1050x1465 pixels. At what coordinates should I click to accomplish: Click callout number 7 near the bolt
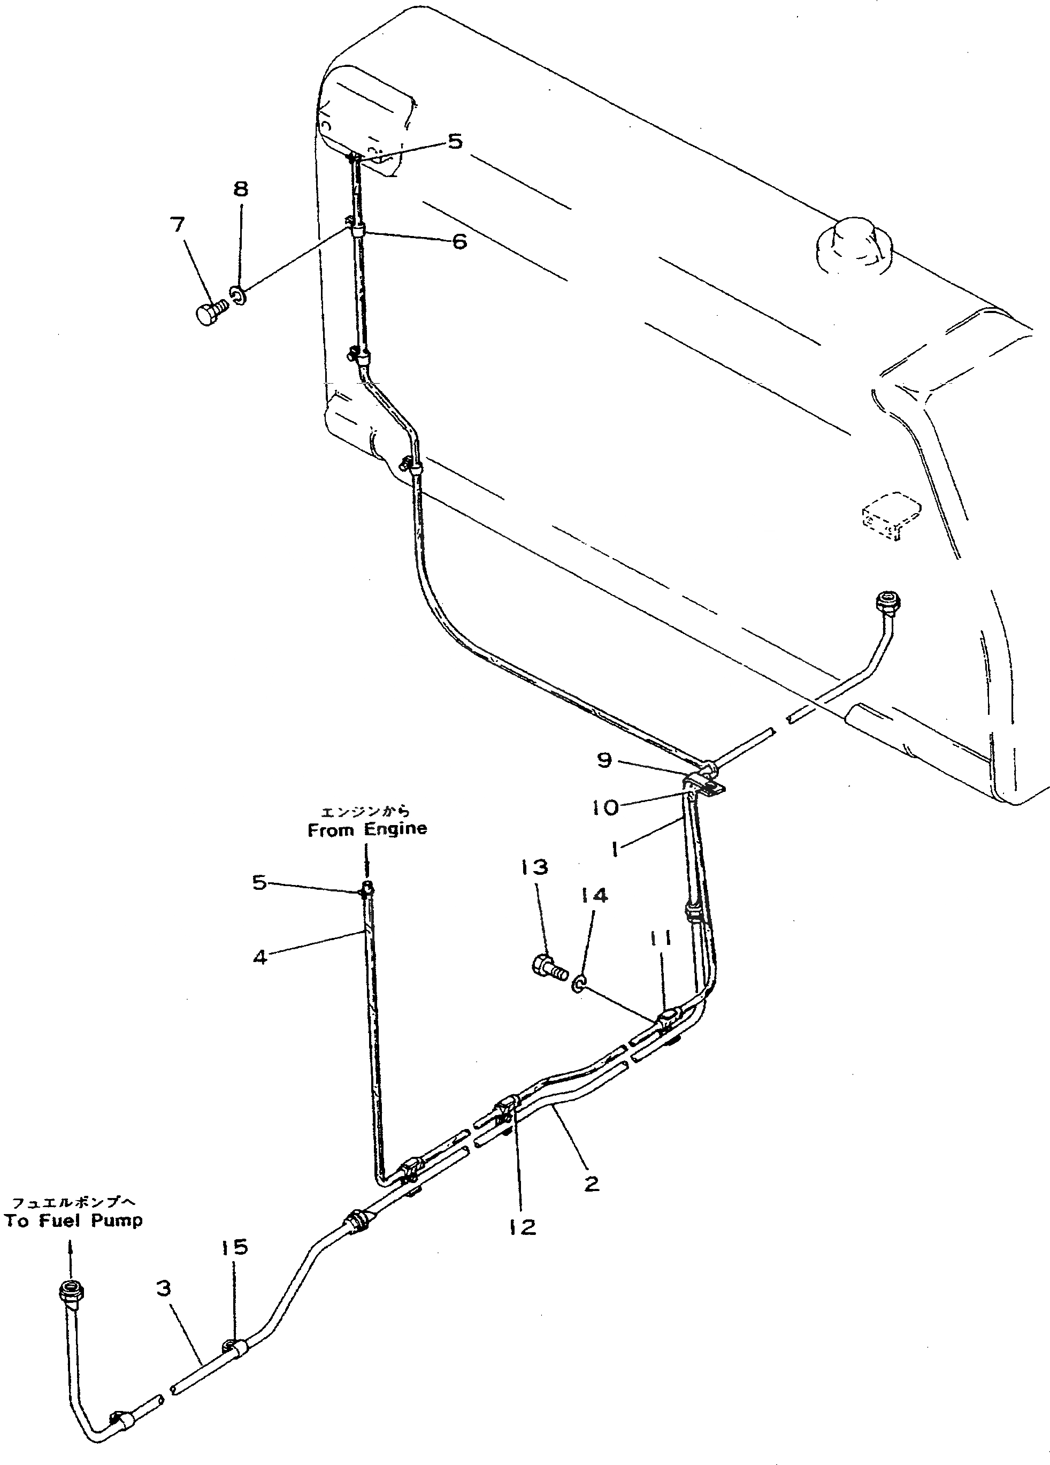click(178, 225)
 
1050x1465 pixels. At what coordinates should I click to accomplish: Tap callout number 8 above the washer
click(240, 189)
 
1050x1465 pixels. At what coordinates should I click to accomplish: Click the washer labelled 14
click(580, 1001)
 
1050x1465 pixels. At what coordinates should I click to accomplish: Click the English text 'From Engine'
click(367, 830)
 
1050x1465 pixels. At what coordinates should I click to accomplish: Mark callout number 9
click(604, 760)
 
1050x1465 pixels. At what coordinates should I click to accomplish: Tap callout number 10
click(604, 807)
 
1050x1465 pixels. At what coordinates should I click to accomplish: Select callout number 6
click(459, 242)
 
